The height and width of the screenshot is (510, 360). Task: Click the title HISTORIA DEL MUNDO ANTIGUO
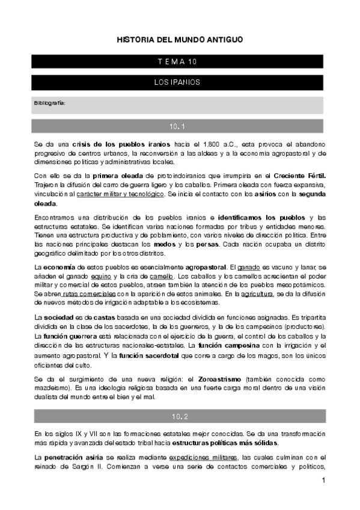click(x=180, y=40)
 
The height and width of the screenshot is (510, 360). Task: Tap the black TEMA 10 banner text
click(x=179, y=62)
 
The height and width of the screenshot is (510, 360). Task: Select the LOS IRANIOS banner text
click(x=179, y=81)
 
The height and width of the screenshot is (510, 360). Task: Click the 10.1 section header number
click(x=179, y=126)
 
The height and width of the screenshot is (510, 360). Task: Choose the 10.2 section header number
click(x=179, y=416)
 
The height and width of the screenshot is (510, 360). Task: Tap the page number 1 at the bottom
click(x=323, y=481)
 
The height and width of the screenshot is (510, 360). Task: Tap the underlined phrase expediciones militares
click(x=205, y=458)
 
